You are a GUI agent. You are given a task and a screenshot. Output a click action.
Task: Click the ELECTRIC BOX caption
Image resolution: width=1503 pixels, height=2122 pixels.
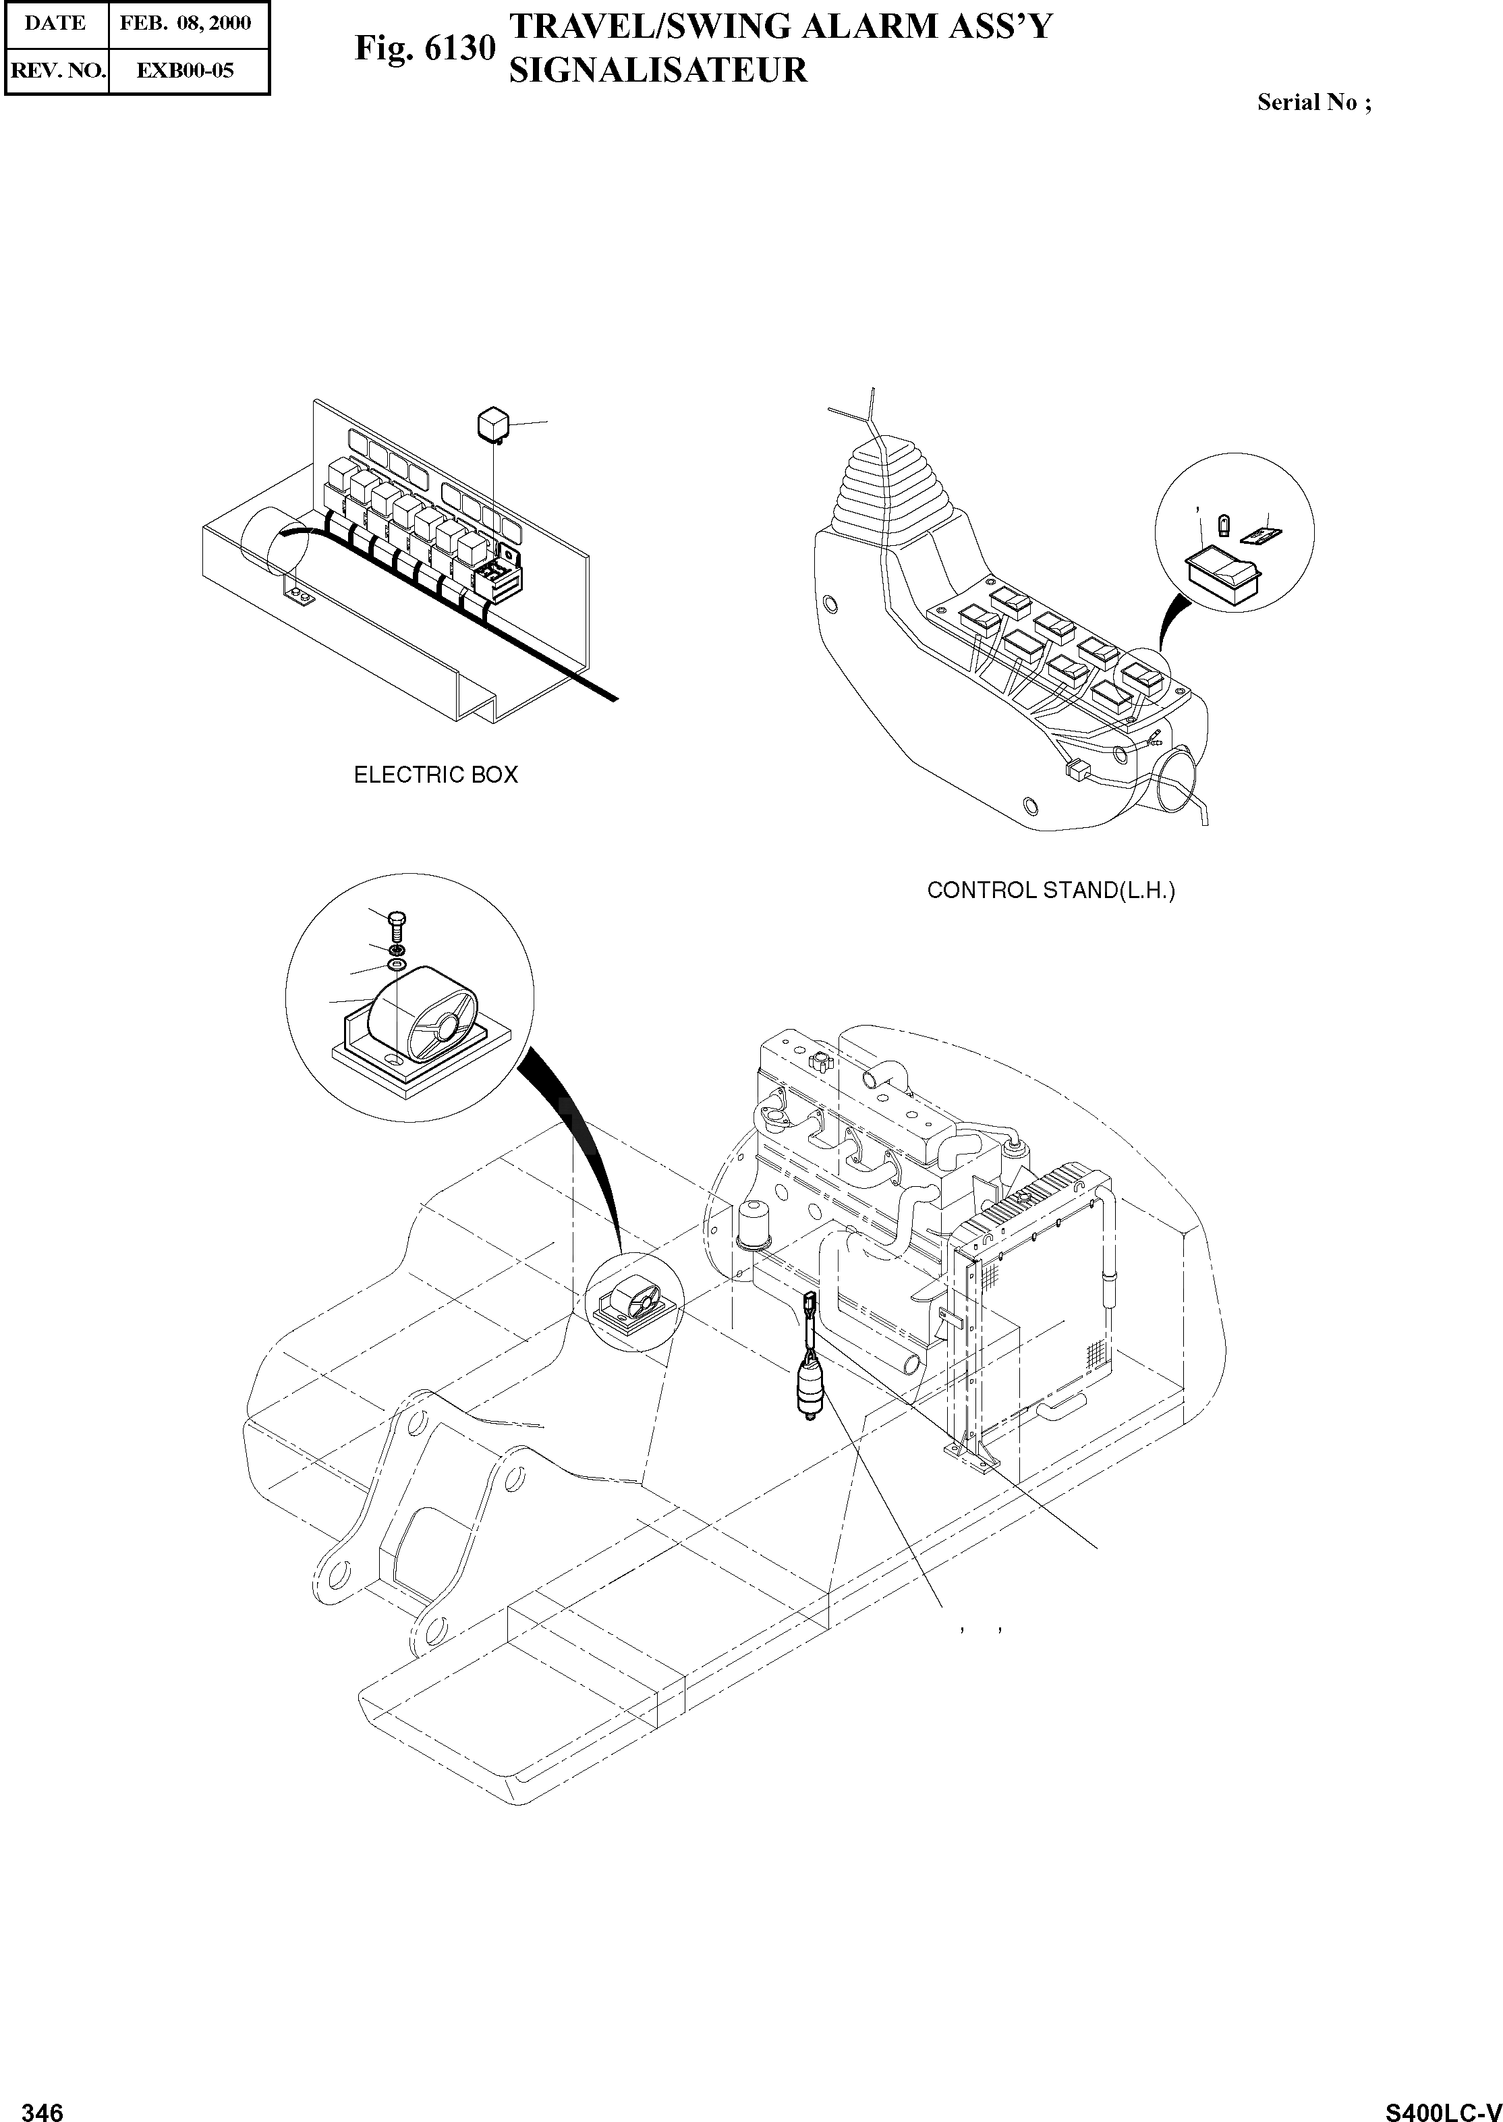pyautogui.click(x=436, y=775)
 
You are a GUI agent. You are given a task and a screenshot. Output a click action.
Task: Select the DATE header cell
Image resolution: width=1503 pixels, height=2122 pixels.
pyautogui.click(x=55, y=23)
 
